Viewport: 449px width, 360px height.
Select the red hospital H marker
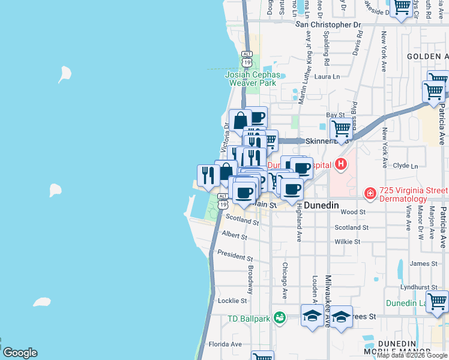[341, 163]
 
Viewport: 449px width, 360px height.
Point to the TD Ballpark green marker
[279, 317]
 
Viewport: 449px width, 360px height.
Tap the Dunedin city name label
[321, 205]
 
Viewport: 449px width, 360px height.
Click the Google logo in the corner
[20, 353]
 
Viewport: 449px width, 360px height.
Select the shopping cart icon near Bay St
[341, 128]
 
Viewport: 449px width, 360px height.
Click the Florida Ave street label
[224, 344]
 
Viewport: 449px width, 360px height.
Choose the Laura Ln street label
[327, 77]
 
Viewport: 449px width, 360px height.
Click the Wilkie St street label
[348, 242]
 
